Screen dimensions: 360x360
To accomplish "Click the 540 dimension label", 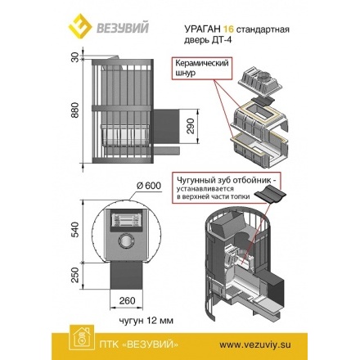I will (74, 230).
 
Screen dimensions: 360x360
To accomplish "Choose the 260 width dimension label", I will (125, 299).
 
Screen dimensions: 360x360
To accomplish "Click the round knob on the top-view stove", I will (125, 242).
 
